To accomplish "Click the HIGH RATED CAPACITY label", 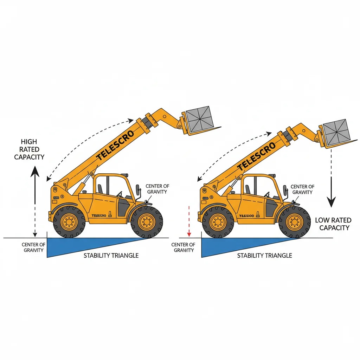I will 29,149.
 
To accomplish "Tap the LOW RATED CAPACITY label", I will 333,224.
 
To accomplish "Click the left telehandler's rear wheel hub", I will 69,222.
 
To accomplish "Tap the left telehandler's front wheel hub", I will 147,222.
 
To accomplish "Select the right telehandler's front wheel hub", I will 294,222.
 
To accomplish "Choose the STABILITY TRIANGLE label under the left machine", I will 111,256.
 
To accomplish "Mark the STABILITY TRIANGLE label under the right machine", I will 264,256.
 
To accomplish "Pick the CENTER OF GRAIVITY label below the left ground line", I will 33,247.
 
